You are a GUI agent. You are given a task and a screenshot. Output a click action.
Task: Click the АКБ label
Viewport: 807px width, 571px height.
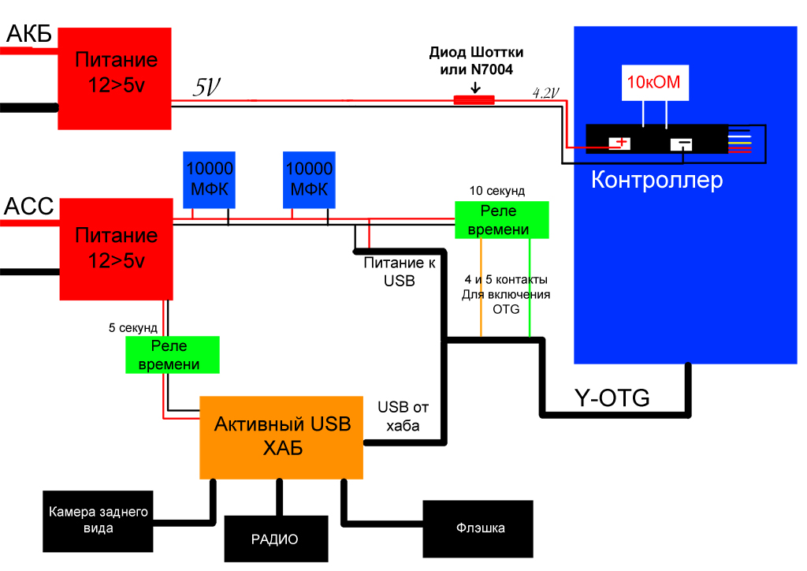[x=29, y=33]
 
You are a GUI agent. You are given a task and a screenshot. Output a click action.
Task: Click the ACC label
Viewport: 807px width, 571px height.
[x=29, y=207]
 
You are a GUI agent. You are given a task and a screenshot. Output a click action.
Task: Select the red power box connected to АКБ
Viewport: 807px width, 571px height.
[x=115, y=78]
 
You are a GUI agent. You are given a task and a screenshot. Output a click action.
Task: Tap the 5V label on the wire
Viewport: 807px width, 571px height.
[x=206, y=88]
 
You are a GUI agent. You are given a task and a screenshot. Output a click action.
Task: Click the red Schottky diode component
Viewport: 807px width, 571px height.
[x=474, y=100]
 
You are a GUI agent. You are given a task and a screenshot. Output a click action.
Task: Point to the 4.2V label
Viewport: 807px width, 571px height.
[x=546, y=92]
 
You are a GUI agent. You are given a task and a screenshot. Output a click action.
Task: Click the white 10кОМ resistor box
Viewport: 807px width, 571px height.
[x=653, y=82]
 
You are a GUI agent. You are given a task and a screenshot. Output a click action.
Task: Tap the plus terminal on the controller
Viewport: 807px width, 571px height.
[x=621, y=143]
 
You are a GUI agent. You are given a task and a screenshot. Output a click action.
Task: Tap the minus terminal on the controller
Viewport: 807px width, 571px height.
[x=681, y=144]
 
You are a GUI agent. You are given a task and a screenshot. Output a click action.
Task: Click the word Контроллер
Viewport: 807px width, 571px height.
[x=656, y=181]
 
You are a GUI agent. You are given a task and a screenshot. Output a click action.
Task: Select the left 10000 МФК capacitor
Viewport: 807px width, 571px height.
[x=209, y=180]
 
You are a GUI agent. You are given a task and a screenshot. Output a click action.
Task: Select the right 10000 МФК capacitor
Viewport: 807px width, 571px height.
[x=309, y=180]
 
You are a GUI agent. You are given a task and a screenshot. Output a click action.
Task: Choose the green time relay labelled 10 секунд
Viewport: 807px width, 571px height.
[x=502, y=220]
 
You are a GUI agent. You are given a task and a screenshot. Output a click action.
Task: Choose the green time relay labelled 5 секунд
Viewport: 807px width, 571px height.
[x=173, y=355]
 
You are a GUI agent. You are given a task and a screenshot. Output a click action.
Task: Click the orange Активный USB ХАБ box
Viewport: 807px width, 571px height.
[x=281, y=437]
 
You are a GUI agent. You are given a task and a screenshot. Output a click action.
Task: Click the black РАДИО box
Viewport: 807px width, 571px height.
[x=275, y=539]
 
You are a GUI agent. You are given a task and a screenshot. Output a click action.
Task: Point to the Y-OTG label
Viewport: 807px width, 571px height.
[x=612, y=399]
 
